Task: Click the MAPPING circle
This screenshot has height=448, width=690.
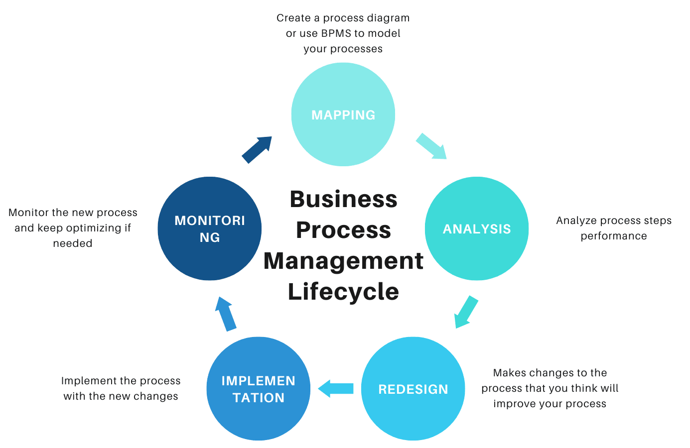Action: (x=343, y=114)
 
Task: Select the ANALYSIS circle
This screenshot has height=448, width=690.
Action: (x=477, y=228)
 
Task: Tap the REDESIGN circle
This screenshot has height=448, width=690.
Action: (x=413, y=389)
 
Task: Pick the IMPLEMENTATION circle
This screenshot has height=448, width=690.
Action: (x=259, y=389)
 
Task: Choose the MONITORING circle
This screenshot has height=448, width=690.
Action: (x=210, y=228)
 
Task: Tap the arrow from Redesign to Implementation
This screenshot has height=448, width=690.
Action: (x=336, y=388)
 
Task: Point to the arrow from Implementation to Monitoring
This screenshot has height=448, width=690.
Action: (x=225, y=314)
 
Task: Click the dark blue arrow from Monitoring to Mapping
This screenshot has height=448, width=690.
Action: (x=257, y=149)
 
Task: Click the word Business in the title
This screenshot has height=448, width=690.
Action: (x=343, y=199)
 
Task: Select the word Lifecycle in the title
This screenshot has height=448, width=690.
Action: (x=343, y=291)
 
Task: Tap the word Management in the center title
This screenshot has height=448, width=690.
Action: (x=343, y=261)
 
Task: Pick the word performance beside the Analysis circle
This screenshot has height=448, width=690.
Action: (x=614, y=236)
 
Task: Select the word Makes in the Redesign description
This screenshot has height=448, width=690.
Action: (x=508, y=373)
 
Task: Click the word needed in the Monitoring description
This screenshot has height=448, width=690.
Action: (x=73, y=243)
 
